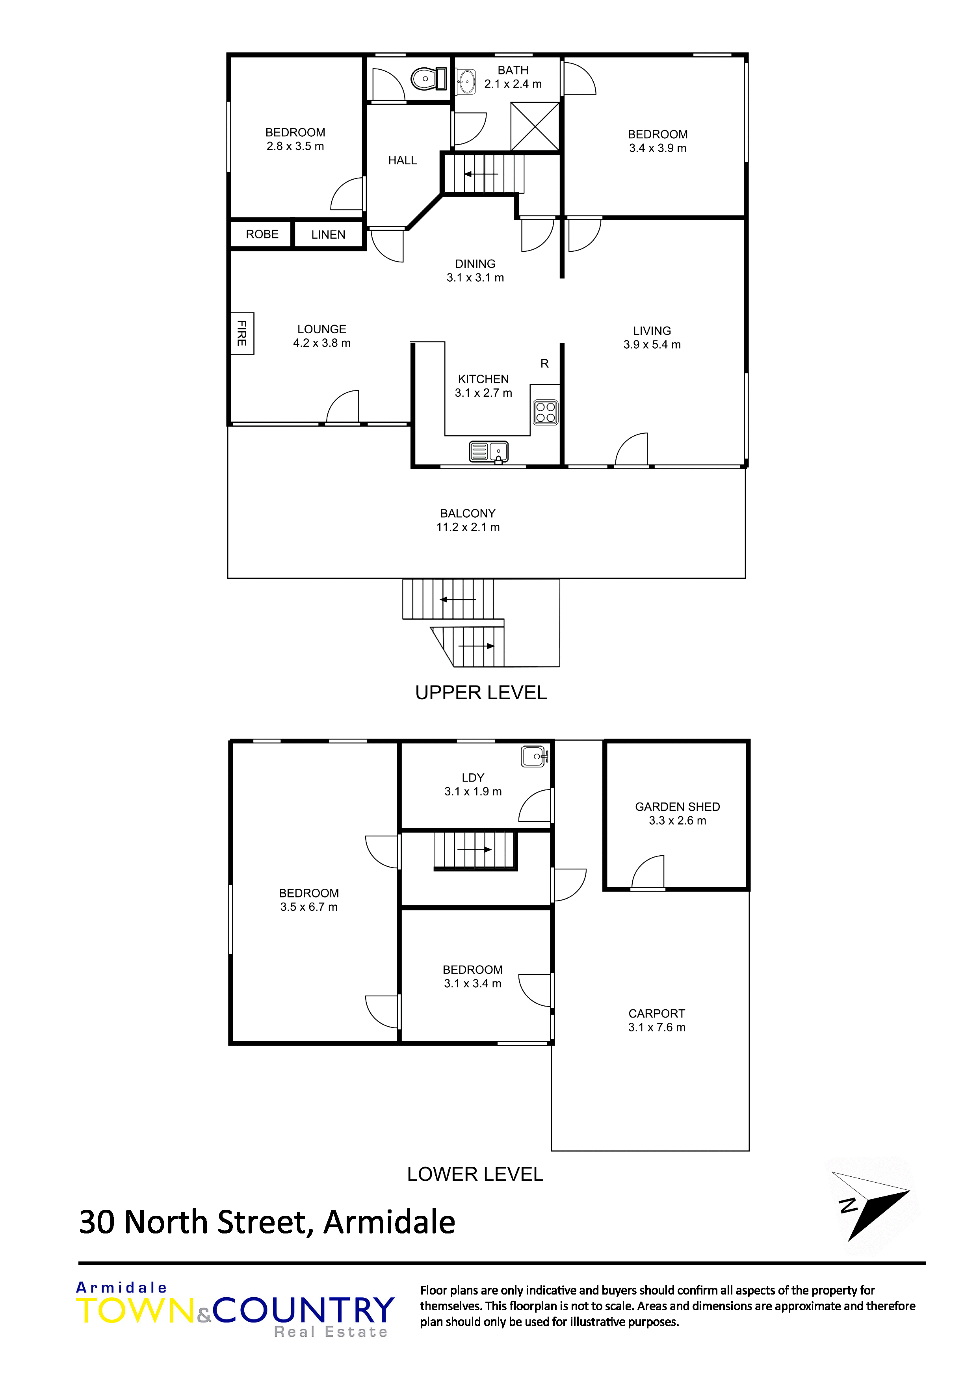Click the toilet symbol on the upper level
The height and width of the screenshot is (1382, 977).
coord(429,79)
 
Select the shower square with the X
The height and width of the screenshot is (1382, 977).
coord(535,126)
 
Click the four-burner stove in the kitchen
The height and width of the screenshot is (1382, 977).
coord(545,412)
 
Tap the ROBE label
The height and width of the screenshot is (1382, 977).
coord(262,234)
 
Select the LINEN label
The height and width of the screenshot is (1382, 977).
coord(328,235)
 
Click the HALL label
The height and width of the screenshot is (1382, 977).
coord(402,160)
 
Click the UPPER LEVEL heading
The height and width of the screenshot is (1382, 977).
coord(481,693)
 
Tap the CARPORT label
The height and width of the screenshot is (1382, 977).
coord(656,1014)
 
